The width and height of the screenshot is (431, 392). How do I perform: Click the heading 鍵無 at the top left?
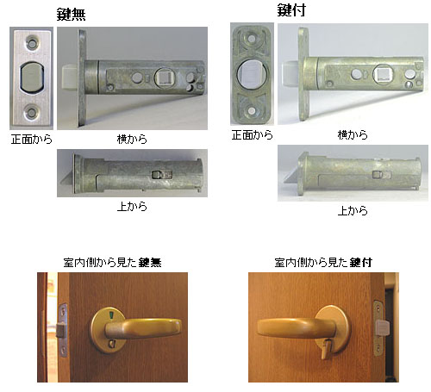click(71, 14)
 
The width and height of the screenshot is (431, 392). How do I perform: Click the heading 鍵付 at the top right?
click(290, 9)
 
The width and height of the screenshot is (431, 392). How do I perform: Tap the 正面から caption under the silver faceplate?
click(32, 140)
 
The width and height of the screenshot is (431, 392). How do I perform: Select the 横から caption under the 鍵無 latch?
click(132, 140)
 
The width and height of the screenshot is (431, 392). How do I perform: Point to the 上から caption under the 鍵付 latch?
click(353, 210)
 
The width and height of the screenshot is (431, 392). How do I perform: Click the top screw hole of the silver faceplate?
click(32, 43)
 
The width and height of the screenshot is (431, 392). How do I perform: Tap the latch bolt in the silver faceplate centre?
click(31, 78)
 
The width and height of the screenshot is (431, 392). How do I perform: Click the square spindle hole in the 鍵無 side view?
click(163, 78)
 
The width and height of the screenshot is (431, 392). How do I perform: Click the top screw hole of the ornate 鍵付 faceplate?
click(253, 38)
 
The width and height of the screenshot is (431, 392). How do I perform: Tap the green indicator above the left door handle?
click(110, 317)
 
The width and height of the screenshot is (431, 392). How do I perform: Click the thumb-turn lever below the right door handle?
click(325, 349)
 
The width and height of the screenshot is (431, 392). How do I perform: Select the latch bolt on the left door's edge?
click(61, 330)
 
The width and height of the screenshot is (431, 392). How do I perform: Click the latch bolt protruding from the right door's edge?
click(383, 328)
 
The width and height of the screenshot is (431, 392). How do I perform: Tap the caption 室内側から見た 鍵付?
click(323, 262)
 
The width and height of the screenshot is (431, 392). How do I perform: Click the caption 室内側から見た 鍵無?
click(112, 262)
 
